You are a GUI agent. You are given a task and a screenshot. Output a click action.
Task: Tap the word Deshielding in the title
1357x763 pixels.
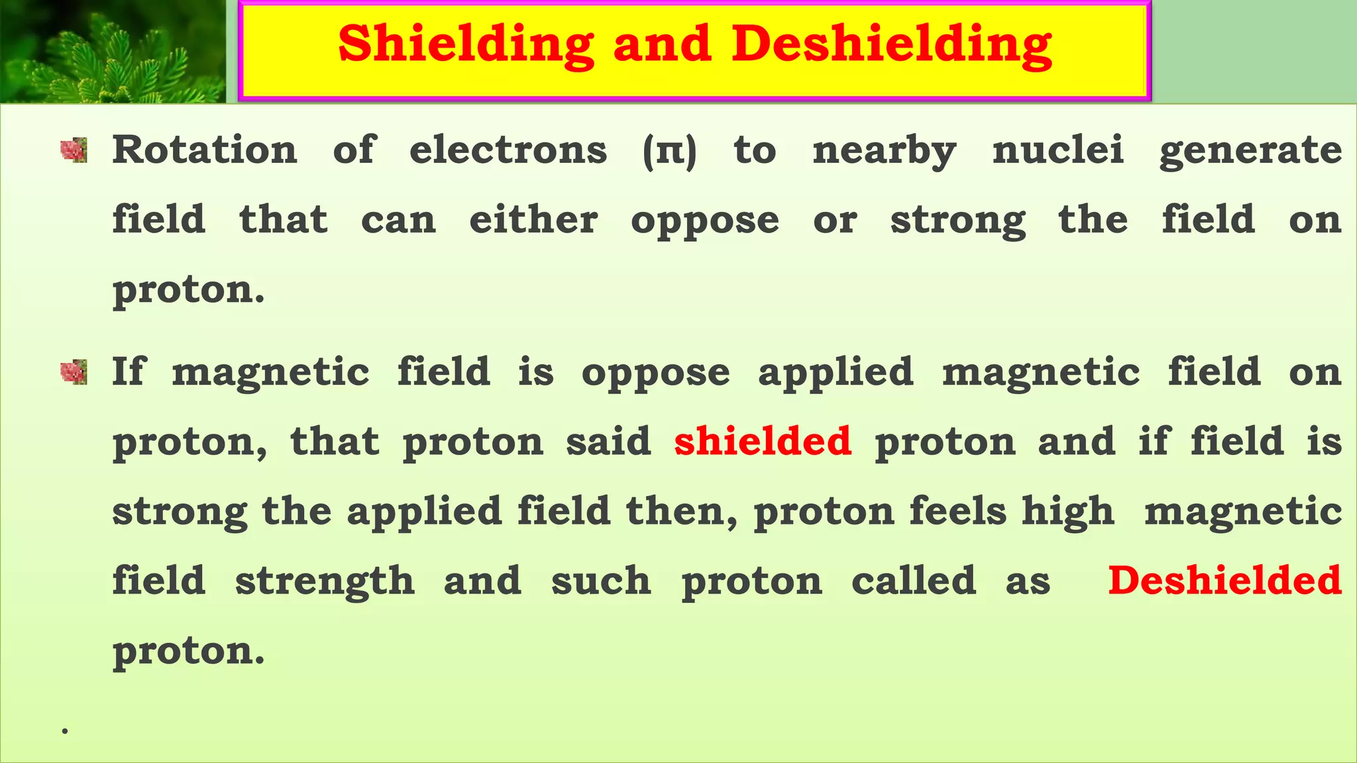tap(891, 44)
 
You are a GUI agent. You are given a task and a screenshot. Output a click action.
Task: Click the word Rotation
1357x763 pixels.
tap(205, 150)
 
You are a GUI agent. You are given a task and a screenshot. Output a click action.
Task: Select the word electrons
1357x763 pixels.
tap(508, 150)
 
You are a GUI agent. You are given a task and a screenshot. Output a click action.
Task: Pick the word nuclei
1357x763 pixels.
tap(1058, 150)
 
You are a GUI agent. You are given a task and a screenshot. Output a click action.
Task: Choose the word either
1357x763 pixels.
tap(533, 219)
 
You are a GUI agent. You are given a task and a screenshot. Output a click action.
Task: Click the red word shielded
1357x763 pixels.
tap(763, 441)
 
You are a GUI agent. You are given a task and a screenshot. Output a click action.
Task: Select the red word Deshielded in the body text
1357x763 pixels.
tap(1224, 580)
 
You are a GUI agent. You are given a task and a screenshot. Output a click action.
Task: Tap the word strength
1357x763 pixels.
tap(325, 582)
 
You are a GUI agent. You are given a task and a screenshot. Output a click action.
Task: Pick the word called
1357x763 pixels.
tap(913, 580)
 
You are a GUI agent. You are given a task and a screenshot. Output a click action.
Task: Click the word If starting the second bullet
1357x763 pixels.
tap(127, 371)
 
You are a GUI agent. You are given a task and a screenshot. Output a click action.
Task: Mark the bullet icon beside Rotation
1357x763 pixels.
tap(74, 150)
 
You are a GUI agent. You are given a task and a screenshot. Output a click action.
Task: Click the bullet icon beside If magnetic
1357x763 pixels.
tap(74, 372)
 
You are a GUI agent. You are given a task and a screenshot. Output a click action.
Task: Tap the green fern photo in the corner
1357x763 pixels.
tap(112, 52)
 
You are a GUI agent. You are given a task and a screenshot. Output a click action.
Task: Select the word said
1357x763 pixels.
tap(608, 441)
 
